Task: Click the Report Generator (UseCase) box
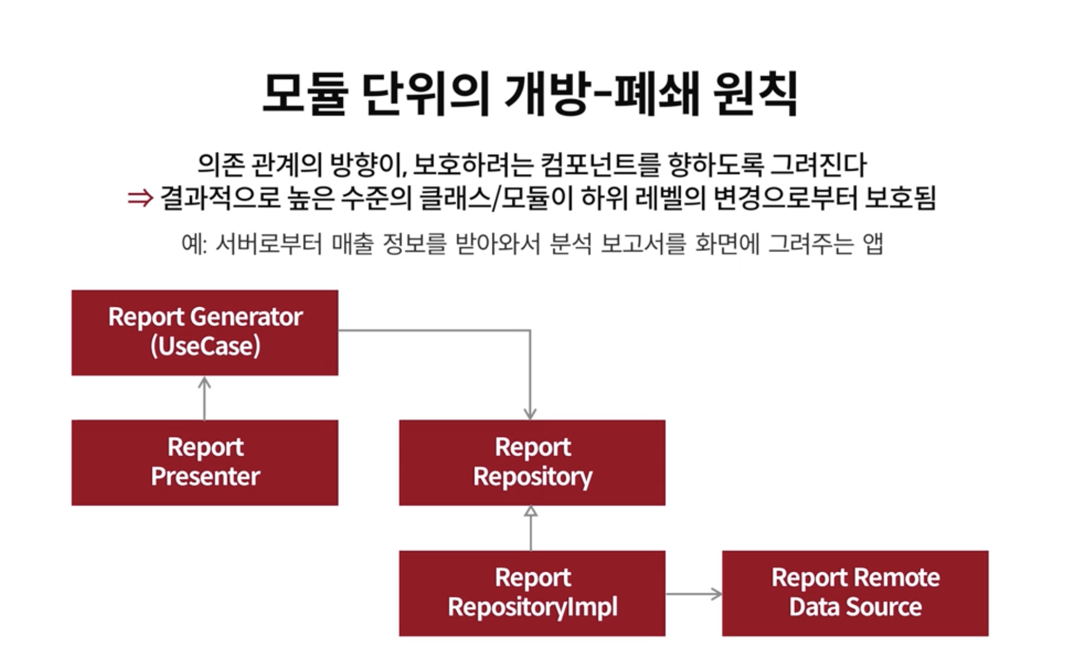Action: [205, 332]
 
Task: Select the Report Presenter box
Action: [205, 462]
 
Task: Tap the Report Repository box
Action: [532, 462]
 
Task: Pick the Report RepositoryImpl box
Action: [532, 593]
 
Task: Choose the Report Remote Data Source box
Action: [855, 593]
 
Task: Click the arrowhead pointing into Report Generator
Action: [204, 383]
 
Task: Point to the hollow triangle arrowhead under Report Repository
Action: [531, 511]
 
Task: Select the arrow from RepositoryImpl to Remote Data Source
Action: [694, 594]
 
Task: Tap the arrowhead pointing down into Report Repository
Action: [530, 414]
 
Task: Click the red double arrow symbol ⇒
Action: [140, 198]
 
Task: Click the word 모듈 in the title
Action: [304, 94]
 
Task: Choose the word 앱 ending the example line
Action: [873, 244]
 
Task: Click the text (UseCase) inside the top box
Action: [205, 346]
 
